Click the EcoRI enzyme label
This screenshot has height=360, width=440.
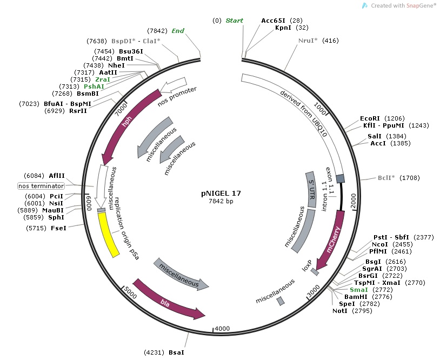click(370, 118)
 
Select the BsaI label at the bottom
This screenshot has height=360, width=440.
click(176, 352)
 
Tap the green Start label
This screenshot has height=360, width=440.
click(234, 21)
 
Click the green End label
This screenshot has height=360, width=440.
click(178, 31)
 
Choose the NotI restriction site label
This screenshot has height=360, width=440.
click(340, 311)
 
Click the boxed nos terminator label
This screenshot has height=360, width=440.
click(41, 186)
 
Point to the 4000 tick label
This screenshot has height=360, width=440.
click(222, 329)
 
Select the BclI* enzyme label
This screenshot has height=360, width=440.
click(388, 177)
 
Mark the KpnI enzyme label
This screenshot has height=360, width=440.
click(284, 28)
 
